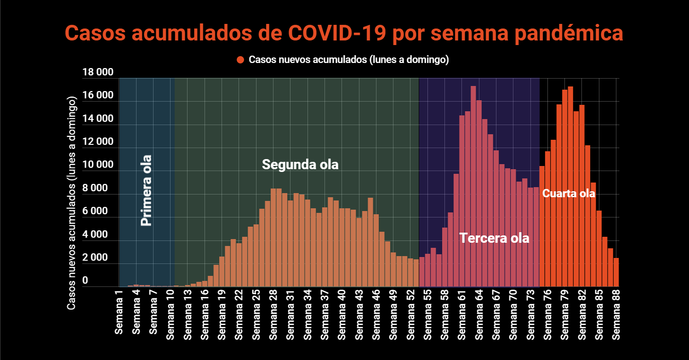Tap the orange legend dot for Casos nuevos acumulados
[240, 60]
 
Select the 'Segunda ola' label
[300, 164]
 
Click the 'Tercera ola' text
[494, 238]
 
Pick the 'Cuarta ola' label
[569, 194]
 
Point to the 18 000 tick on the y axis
[97, 72]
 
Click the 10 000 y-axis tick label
[97, 165]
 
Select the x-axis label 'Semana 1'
[119, 317]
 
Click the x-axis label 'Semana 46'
[376, 317]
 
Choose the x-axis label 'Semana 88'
[616, 317]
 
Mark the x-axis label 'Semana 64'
[479, 317]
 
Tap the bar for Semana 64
[479, 193]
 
